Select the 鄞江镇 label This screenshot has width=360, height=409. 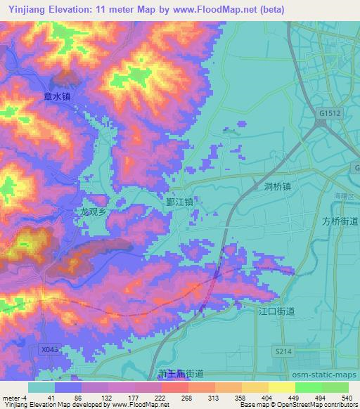(x=180, y=200)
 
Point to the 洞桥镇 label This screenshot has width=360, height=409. (x=278, y=186)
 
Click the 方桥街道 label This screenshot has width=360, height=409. (x=340, y=221)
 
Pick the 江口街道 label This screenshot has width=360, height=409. (x=276, y=310)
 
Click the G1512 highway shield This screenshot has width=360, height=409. (x=328, y=112)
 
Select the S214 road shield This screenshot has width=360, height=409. (x=283, y=351)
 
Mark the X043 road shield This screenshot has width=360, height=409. (x=49, y=349)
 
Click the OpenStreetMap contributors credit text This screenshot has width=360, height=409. (x=320, y=405)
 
